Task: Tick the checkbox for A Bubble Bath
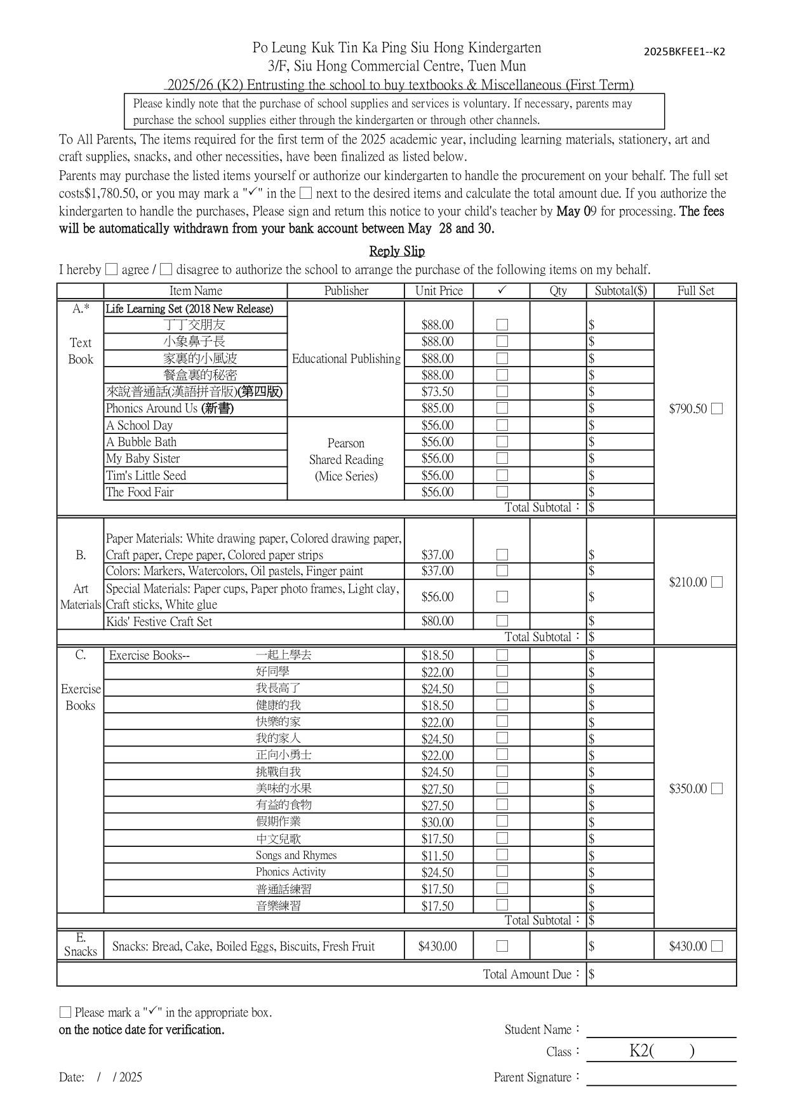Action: (x=502, y=442)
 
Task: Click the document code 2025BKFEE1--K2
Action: (x=684, y=52)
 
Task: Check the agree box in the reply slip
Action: (x=112, y=269)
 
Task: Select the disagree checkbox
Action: (x=166, y=269)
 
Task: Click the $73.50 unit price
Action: (x=437, y=392)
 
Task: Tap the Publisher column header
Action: (x=346, y=291)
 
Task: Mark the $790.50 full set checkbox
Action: (x=717, y=409)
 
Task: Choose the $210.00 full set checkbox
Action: (x=717, y=582)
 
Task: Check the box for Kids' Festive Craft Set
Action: (x=502, y=621)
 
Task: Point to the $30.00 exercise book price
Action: (x=437, y=822)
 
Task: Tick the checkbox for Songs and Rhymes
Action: (x=502, y=855)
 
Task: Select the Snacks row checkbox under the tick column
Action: (x=502, y=946)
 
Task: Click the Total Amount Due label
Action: (x=532, y=974)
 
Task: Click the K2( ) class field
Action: (x=661, y=1051)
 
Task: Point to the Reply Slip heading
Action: (x=397, y=251)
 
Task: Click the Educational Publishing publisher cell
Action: (x=346, y=359)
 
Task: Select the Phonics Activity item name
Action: (x=291, y=872)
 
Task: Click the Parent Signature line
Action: (x=660, y=1078)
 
